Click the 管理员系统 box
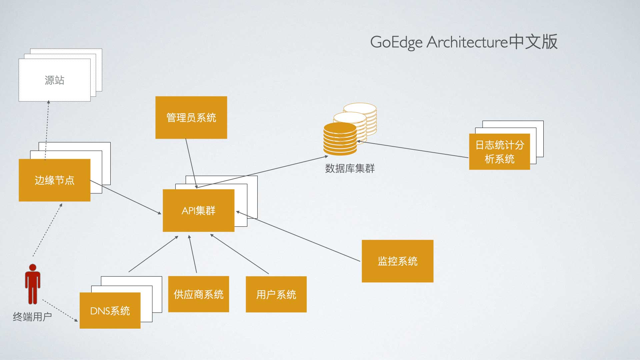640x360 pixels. coord(191,117)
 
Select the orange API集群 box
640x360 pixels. coord(198,210)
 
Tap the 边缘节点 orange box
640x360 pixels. coord(54,180)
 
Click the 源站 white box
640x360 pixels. coord(54,80)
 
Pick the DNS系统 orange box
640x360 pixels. coord(110,310)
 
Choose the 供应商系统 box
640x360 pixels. coord(198,294)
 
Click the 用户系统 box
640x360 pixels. coord(276,294)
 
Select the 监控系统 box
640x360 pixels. coord(397,261)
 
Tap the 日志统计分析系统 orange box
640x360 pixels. coord(499,152)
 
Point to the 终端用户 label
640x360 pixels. coord(32,316)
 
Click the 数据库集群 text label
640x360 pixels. coord(350,168)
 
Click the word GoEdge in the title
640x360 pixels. coord(396,42)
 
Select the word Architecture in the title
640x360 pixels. coord(467,42)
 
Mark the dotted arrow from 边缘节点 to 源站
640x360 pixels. coord(47,130)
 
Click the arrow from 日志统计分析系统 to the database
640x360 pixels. coord(413,149)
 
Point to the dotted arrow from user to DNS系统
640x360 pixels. coord(60,311)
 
